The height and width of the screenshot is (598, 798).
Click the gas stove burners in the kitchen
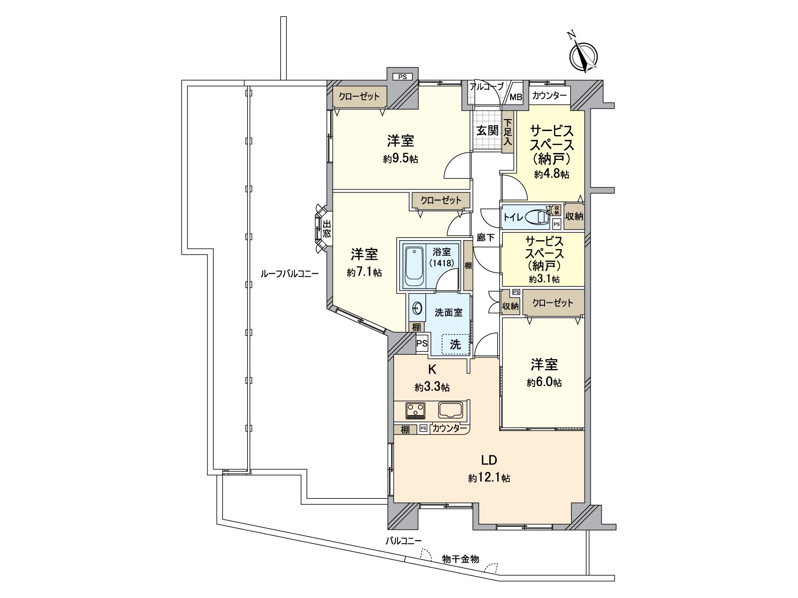click(415, 411)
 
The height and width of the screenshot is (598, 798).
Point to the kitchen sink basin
click(451, 411)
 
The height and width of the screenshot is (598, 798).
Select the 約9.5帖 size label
click(400, 159)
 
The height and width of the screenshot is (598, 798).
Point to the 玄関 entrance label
click(487, 131)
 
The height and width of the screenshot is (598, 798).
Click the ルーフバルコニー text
click(289, 273)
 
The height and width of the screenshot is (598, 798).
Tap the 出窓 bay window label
click(327, 229)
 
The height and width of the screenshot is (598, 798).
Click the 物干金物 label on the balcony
click(460, 559)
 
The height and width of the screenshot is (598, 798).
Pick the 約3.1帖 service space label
click(544, 279)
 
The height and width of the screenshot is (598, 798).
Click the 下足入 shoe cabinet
click(508, 132)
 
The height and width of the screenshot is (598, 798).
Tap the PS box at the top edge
click(402, 77)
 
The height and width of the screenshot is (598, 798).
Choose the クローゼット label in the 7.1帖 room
click(441, 200)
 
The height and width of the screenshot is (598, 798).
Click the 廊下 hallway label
click(485, 238)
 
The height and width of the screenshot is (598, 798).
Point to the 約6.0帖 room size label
click(544, 383)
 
